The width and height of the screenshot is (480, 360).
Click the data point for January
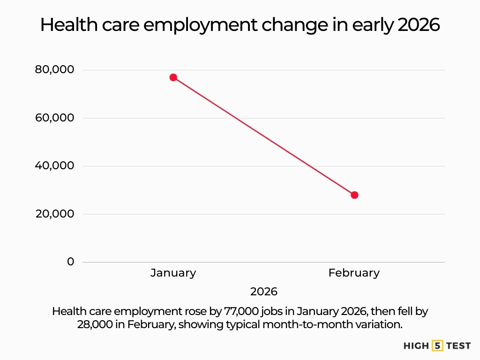pyautogui.click(x=173, y=77)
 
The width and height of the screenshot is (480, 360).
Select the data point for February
pyautogui.click(x=354, y=195)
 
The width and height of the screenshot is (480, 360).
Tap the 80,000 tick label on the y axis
pyautogui.click(x=54, y=70)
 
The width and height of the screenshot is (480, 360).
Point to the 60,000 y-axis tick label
pyautogui.click(x=54, y=118)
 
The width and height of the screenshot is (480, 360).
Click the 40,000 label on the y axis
pyautogui.click(x=54, y=166)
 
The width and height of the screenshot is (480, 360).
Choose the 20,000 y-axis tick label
pyautogui.click(x=54, y=214)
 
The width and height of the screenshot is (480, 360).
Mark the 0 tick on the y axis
pyautogui.click(x=70, y=262)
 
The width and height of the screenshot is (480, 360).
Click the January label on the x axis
pyautogui.click(x=173, y=273)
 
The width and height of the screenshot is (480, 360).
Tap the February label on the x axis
pyautogui.click(x=354, y=273)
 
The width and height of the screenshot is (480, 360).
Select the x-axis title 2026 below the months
pyautogui.click(x=264, y=292)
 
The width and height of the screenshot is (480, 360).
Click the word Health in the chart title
pyautogui.click(x=67, y=25)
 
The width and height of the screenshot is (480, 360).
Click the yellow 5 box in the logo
pyautogui.click(x=437, y=346)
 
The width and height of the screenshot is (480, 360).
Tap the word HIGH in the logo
pyautogui.click(x=416, y=346)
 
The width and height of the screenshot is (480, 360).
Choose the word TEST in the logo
pyautogui.click(x=458, y=346)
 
